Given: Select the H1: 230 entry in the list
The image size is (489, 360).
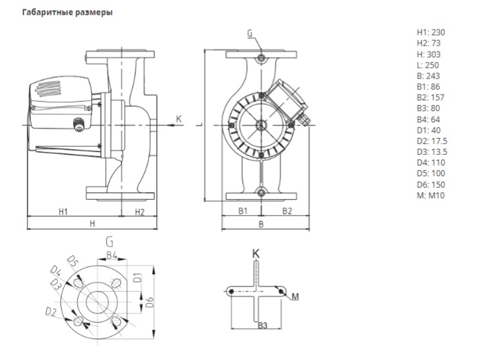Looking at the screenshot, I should coord(430,32).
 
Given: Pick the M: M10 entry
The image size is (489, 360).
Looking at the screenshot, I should coord(431,195).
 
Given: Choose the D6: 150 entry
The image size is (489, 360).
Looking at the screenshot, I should coord(431,184).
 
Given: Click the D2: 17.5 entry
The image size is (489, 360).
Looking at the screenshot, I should coord(432,141).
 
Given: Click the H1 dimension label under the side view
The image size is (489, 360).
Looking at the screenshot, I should coord(64,212).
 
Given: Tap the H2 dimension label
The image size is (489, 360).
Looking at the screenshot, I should coord(140,212).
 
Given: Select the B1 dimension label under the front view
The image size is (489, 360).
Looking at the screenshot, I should coord(244,211).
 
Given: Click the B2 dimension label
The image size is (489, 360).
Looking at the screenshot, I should coord(286,211).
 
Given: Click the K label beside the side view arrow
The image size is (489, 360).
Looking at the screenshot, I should coord(178,119).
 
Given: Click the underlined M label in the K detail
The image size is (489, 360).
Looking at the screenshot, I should coord(294,297).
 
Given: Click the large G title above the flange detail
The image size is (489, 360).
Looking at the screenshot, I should coord(109,240).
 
